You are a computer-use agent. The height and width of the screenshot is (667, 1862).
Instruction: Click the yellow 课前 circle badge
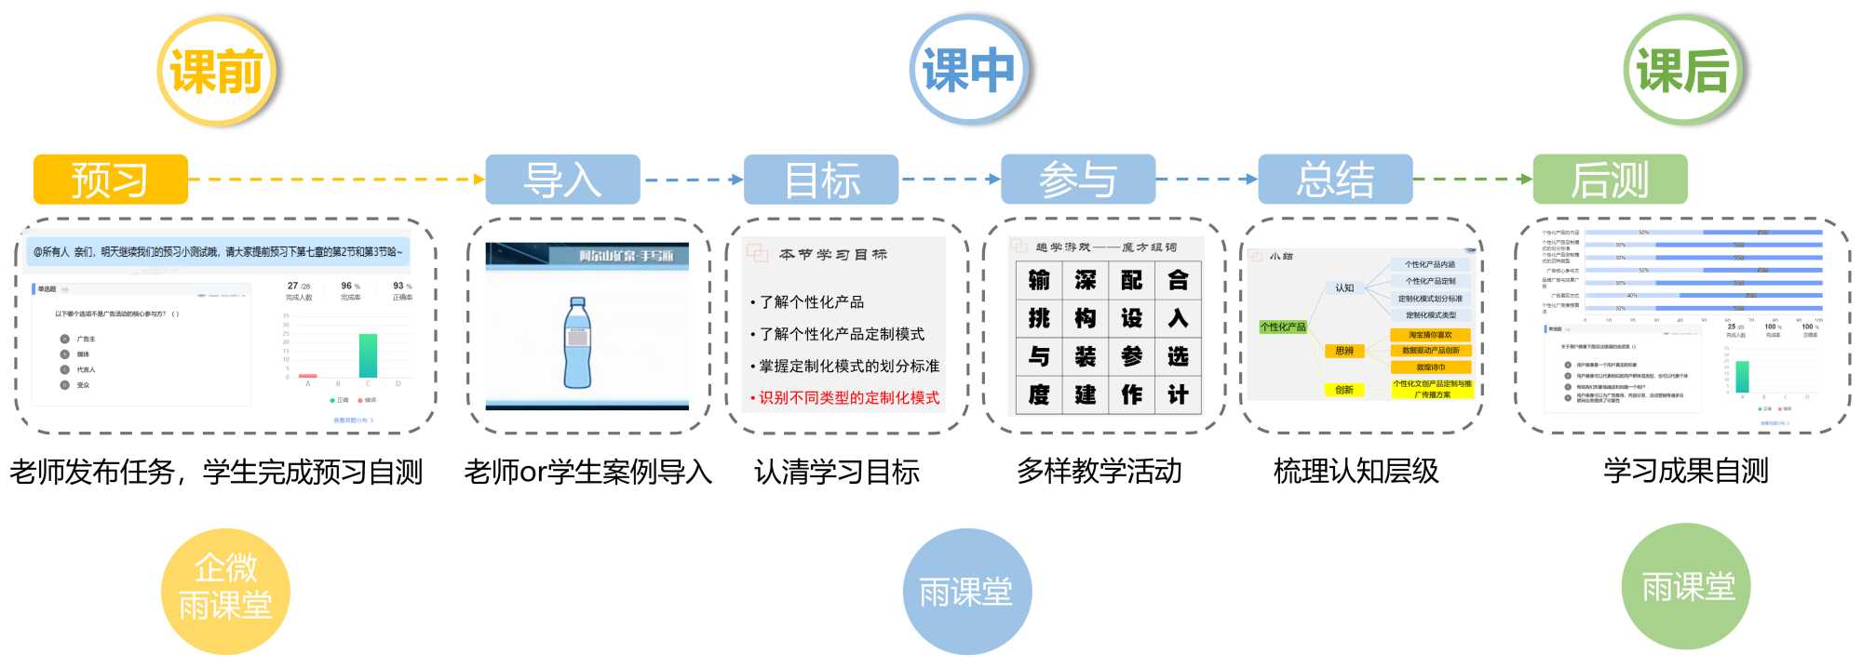tap(217, 71)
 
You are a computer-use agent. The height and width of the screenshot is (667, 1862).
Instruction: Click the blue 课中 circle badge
tap(968, 71)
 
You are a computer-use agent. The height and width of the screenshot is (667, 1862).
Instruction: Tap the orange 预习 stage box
tap(110, 180)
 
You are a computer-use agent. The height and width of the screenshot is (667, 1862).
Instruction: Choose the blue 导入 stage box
tap(562, 180)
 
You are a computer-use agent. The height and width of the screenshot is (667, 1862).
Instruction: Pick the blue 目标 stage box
tap(820, 180)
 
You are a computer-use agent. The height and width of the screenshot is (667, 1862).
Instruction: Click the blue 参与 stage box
tap(1077, 180)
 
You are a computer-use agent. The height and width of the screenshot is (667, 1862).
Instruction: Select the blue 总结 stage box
tap(1335, 180)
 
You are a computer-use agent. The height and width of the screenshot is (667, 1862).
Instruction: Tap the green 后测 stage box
tap(1610, 180)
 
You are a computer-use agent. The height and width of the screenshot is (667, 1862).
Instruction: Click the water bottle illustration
tap(577, 342)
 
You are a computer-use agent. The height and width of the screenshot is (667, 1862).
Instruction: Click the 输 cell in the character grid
tap(1039, 281)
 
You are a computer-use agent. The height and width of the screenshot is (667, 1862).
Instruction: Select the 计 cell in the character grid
tap(1178, 395)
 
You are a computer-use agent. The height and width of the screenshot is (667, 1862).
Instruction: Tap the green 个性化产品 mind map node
tap(1282, 327)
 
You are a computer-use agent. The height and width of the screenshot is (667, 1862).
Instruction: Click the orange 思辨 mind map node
tap(1344, 351)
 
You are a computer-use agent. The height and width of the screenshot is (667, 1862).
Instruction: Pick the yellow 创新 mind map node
tap(1344, 390)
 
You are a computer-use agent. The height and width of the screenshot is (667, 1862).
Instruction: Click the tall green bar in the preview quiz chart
tap(368, 355)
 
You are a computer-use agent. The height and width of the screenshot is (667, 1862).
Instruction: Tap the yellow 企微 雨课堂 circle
tap(225, 591)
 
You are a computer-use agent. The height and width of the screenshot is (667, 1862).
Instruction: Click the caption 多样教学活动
tap(1099, 472)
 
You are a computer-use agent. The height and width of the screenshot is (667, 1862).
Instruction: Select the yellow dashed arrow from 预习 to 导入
tap(336, 180)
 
